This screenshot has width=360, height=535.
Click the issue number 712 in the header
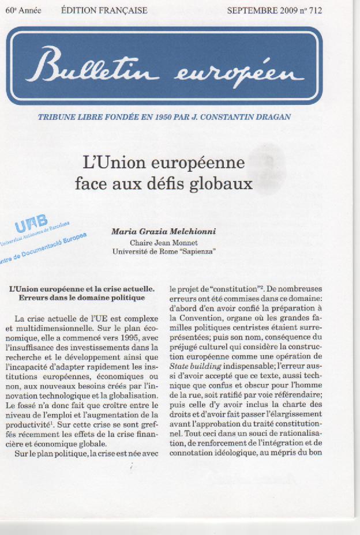click(316, 10)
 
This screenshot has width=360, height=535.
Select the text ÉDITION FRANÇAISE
click(104, 10)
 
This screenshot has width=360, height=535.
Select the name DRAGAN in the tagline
click(272, 117)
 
